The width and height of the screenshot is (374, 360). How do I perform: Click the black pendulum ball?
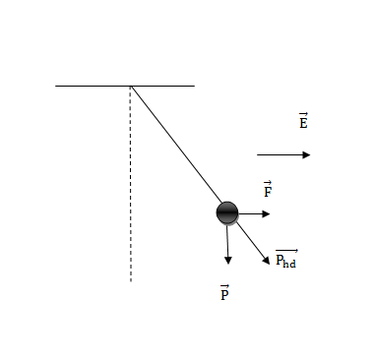tap(227, 213)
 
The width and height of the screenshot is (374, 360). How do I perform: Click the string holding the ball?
tap(176, 144)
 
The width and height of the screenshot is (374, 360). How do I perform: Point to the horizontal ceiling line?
tap(125, 86)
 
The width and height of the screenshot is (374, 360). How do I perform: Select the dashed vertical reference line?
tap(131, 184)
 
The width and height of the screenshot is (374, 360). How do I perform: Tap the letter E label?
tap(303, 121)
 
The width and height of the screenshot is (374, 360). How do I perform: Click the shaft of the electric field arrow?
tap(280, 154)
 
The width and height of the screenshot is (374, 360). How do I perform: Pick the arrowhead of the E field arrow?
tap(306, 154)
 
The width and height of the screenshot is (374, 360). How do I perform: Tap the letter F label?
tap(268, 189)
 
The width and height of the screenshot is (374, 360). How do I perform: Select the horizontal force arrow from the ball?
tap(254, 214)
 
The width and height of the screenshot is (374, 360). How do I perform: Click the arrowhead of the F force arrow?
tap(266, 214)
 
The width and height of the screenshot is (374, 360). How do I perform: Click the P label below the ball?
tap(224, 293)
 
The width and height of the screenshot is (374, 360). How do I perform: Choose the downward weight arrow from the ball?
tap(227, 245)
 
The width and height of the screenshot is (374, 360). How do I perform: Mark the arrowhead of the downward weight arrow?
tap(228, 261)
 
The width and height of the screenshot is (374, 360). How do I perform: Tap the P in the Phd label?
tap(280, 260)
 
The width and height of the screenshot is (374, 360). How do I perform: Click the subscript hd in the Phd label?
tap(289, 263)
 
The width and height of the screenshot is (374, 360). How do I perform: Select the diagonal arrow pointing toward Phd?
tap(253, 243)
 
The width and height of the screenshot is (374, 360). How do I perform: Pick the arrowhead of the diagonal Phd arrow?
tap(267, 261)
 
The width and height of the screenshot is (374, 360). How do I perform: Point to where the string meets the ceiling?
tap(131, 86)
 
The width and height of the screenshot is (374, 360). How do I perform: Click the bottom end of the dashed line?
tap(131, 281)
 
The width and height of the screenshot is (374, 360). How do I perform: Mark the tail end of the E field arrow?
tap(257, 154)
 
